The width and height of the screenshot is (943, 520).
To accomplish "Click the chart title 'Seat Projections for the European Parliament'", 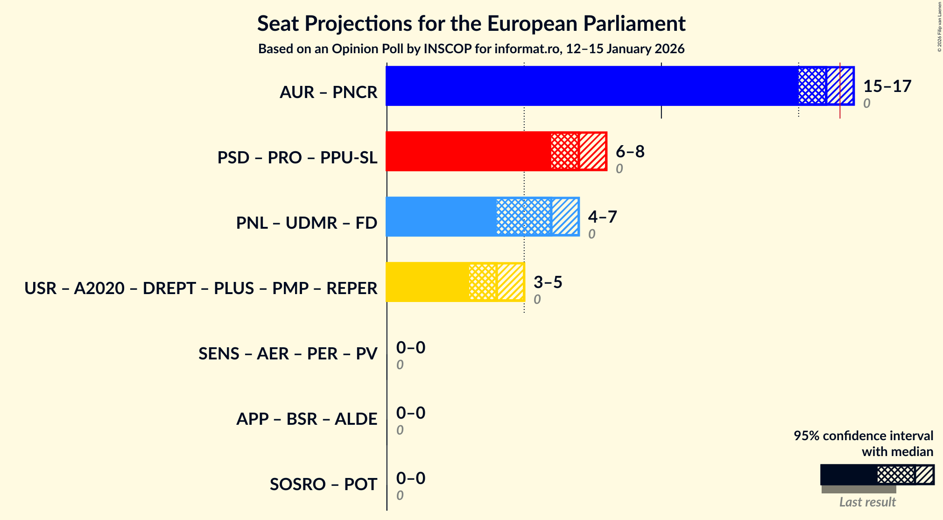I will pyautogui.click(x=471, y=23).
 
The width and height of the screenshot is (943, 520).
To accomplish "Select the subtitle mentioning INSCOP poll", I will pyautogui.click(x=471, y=49).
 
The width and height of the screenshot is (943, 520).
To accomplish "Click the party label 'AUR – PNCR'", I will pyautogui.click(x=328, y=92).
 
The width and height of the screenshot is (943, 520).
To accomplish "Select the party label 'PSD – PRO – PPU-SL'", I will pyautogui.click(x=297, y=158).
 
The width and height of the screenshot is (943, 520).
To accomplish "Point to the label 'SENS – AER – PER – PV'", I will pyautogui.click(x=288, y=354).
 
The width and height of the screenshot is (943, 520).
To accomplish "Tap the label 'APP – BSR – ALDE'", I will pyautogui.click(x=306, y=419).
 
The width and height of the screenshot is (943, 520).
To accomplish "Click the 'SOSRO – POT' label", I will pyautogui.click(x=323, y=485).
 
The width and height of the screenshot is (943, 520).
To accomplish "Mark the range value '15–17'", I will pyautogui.click(x=887, y=86).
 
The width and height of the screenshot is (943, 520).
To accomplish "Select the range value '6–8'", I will pyautogui.click(x=630, y=152).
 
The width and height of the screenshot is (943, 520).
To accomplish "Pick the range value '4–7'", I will pyautogui.click(x=602, y=217).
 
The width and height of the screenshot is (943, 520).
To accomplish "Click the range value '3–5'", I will pyautogui.click(x=548, y=282).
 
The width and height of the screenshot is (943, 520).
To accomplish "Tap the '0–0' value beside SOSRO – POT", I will pyautogui.click(x=411, y=478).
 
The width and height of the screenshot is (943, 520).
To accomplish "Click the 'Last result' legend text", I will pyautogui.click(x=867, y=502).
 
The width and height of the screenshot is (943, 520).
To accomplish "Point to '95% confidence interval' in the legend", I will pyautogui.click(x=863, y=436).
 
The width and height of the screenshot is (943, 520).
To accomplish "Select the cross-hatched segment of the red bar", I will pyautogui.click(x=565, y=151).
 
